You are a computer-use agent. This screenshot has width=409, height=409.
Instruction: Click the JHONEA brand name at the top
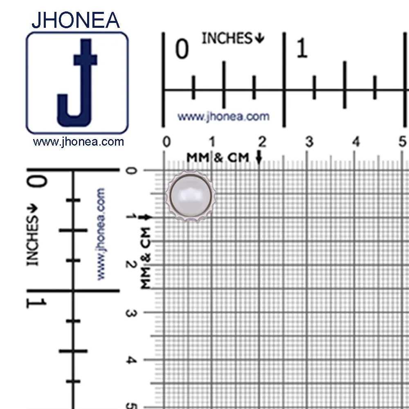tap(76, 20)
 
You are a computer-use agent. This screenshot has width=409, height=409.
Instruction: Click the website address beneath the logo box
tap(78, 142)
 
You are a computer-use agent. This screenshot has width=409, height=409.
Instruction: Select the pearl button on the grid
tap(191, 196)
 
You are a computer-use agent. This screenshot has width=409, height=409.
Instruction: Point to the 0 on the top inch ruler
tap(182, 49)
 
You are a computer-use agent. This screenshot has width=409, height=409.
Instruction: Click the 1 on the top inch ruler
tap(302, 48)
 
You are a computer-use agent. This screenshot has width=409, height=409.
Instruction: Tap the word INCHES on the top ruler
tap(227, 38)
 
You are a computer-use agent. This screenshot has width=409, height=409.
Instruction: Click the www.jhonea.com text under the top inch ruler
tap(224, 116)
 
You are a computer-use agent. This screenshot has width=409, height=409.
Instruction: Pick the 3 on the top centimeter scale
tap(309, 142)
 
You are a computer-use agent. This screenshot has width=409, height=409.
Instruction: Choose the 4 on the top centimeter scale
tap(356, 142)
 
